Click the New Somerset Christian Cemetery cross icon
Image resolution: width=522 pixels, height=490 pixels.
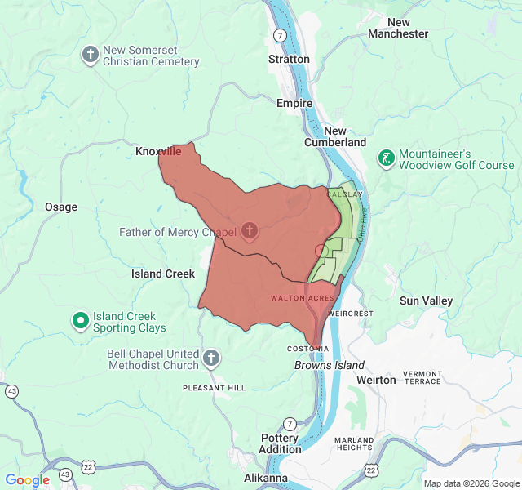click(90, 56)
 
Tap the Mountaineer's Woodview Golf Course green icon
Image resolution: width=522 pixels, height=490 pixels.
click(386, 158)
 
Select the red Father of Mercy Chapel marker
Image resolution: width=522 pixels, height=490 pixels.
click(250, 231)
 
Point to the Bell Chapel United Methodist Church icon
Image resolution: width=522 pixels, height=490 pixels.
click(211, 358)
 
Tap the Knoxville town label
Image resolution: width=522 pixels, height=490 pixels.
click(158, 152)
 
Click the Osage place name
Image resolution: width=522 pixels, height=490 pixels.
click(61, 207)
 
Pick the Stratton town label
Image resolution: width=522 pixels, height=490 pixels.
click(289, 59)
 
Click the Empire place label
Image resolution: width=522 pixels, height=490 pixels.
click(294, 104)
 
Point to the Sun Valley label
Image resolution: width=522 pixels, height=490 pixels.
click(426, 301)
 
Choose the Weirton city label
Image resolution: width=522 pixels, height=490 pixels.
click(376, 380)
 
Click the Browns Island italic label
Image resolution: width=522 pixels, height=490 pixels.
click(330, 365)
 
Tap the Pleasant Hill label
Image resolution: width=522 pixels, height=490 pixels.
click(214, 387)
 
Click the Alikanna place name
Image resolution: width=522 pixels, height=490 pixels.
click(266, 478)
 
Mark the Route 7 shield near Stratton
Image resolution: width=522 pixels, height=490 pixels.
click(280, 36)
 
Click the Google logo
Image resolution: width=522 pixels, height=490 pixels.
click(27, 480)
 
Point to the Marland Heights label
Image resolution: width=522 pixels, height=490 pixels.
click(354, 443)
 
